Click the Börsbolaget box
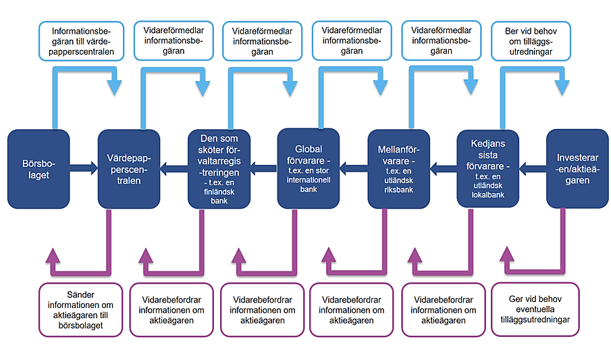tap(38, 169)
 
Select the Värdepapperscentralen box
tap(128, 169)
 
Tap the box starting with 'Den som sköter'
tap(219, 169)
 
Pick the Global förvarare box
tap(309, 168)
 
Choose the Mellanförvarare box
tap(398, 169)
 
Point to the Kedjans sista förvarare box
tap(488, 169)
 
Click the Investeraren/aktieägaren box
tap(577, 169)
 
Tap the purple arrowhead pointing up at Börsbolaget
tap(53, 255)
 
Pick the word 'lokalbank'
tap(488, 195)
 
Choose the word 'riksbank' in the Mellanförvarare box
tap(398, 190)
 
